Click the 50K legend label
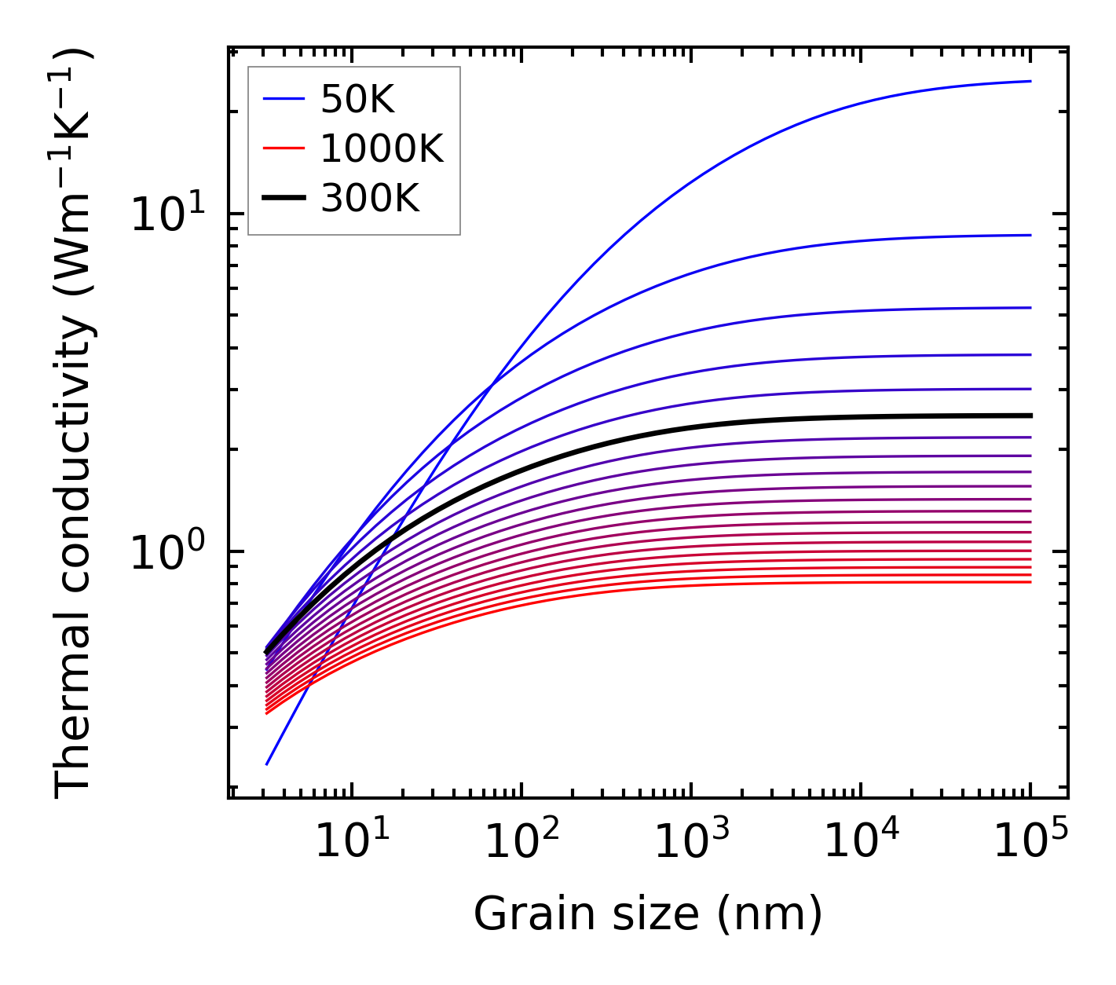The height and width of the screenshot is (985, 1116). (357, 100)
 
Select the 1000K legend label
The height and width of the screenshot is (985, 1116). (382, 149)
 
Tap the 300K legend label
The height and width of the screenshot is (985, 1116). (370, 199)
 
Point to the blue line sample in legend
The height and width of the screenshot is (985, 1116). (284, 99)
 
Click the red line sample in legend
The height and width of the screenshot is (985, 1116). (284, 148)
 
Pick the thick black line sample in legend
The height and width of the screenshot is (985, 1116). (284, 198)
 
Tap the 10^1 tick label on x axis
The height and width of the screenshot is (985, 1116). (351, 842)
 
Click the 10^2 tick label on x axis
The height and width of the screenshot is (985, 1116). (521, 842)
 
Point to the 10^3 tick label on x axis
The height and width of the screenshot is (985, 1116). (690, 842)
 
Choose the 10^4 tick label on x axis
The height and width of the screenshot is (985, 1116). (860, 842)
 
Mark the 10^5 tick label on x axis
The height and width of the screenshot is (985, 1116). (1030, 842)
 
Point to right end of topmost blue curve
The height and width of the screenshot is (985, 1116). (1030, 81)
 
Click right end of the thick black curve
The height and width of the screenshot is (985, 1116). (1030, 416)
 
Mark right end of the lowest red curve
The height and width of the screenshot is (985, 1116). (1030, 582)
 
